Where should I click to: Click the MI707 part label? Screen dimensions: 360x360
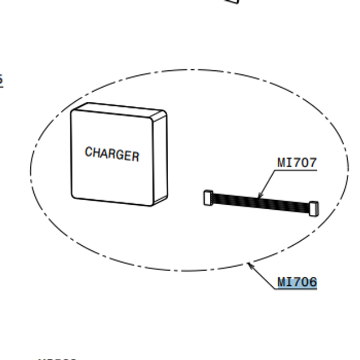pyautogui.click(x=297, y=163)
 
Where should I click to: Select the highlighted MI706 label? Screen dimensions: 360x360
pyautogui.click(x=297, y=282)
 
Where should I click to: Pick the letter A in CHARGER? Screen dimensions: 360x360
pyautogui.click(x=104, y=153)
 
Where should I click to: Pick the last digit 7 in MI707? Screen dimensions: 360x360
pyautogui.click(x=313, y=163)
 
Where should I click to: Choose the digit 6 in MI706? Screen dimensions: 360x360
pyautogui.click(x=313, y=282)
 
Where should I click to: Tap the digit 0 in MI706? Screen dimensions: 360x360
pyautogui.click(x=305, y=282)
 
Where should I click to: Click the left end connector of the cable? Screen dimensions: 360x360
pyautogui.click(x=208, y=197)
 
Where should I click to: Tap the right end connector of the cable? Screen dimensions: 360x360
pyautogui.click(x=313, y=208)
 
